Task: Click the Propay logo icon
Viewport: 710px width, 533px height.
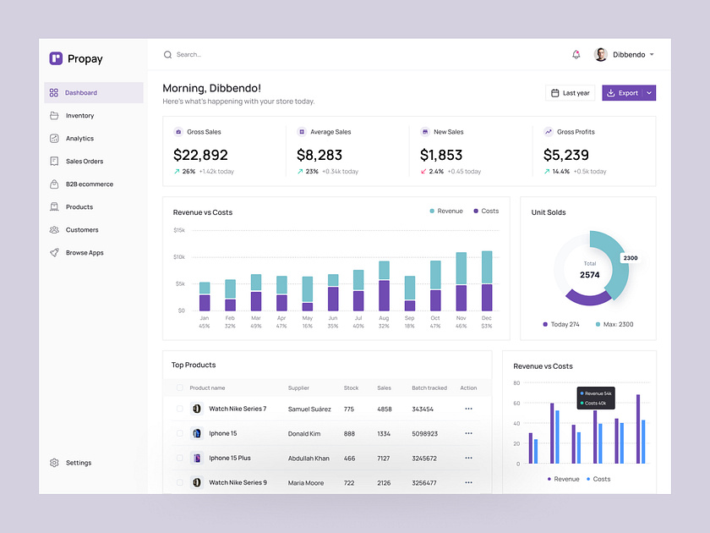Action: pos(56,58)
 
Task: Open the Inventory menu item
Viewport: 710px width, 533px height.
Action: pos(79,116)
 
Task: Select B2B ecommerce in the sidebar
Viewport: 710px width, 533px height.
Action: pos(89,184)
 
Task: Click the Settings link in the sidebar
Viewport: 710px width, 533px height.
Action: pos(78,463)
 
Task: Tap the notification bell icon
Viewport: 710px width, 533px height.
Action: pos(576,55)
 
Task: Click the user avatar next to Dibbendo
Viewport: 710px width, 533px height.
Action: pos(601,55)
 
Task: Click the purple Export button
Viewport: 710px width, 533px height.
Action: pos(622,93)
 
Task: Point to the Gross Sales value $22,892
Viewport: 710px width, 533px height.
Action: pos(200,155)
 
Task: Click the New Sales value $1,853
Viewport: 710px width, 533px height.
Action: pos(441,155)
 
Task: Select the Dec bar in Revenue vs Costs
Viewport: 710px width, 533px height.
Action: pos(487,281)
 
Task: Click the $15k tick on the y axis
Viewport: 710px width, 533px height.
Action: pos(179,230)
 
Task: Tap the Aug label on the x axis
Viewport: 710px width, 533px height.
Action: pos(384,318)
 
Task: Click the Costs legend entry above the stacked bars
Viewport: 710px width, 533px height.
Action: pos(486,211)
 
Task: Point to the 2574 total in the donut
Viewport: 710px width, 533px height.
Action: pos(590,275)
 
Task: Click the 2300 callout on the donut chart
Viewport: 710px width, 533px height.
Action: pos(631,258)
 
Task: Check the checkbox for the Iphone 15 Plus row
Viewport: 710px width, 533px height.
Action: pos(179,458)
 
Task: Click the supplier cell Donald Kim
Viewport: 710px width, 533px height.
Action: pos(304,433)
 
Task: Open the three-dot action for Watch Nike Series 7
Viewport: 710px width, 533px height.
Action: pos(468,409)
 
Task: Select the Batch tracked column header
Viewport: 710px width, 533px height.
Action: pos(429,388)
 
